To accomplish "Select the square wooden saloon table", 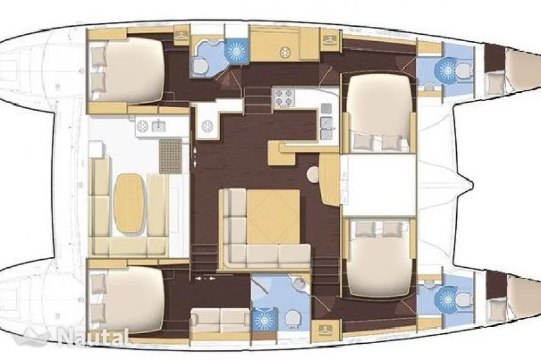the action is pyautogui.click(x=273, y=217).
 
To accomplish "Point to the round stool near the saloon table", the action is pyautogui.click(x=314, y=174).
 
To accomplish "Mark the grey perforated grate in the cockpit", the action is pyautogui.click(x=170, y=156).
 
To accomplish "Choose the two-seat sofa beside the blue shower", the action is pyautogui.click(x=220, y=320).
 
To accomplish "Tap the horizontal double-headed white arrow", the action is pyautogui.click(x=205, y=278).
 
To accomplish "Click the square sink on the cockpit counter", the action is pyautogui.click(x=158, y=126).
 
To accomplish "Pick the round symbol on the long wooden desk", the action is pyautogui.click(x=285, y=52).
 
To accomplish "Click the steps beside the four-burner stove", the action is pyautogui.click(x=258, y=100).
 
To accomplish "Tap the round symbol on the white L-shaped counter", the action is pyautogui.click(x=207, y=126).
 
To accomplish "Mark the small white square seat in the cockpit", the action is pyautogui.click(x=96, y=149).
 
